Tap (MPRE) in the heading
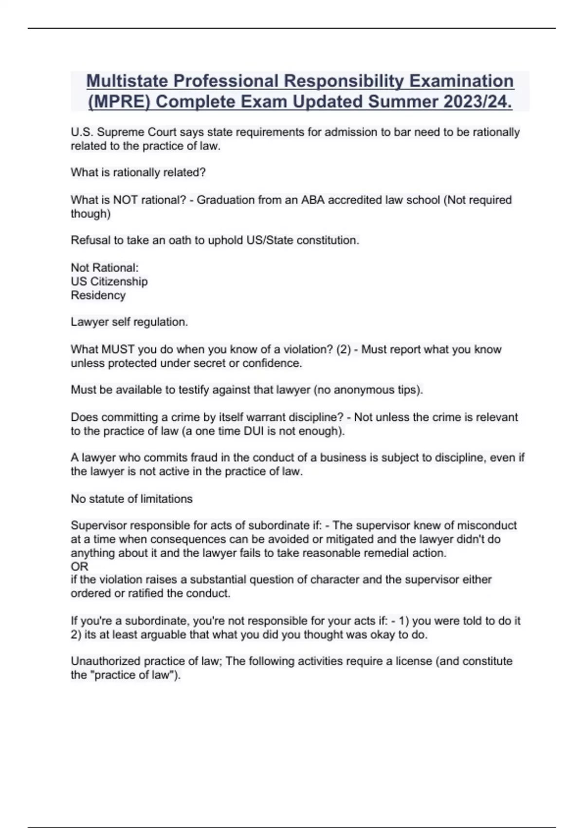pos(119,102)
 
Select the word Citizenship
pos(119,282)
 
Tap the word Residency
pos(98,295)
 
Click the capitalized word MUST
pos(118,349)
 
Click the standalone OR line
pos(79,566)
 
